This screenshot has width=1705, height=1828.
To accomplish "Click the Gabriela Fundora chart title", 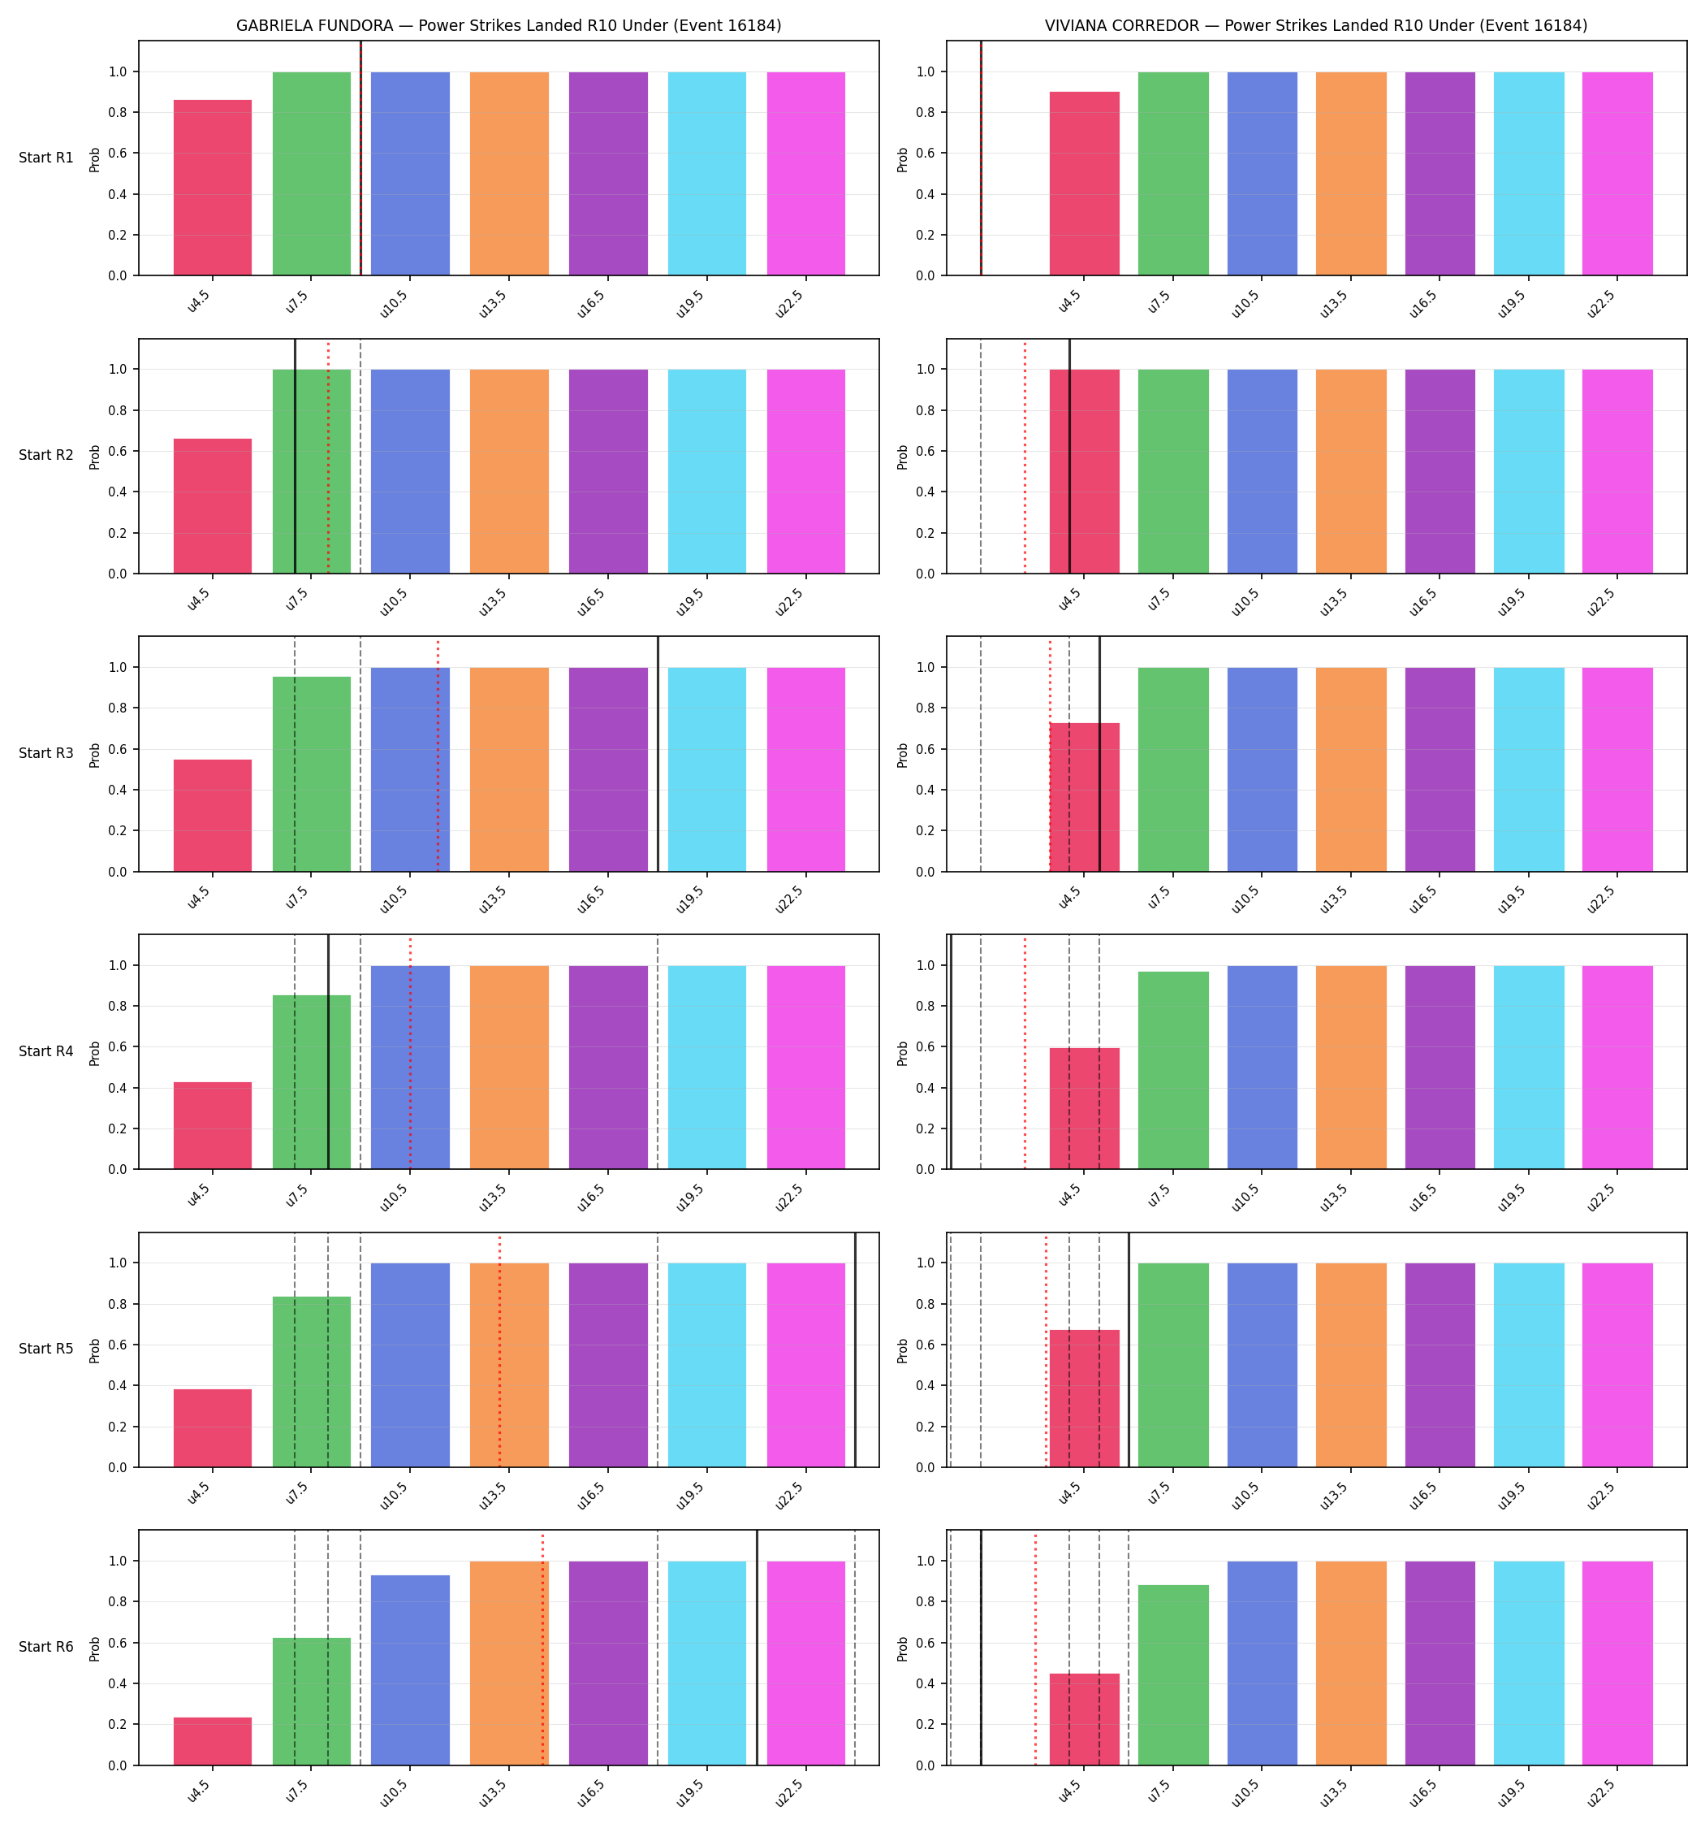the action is (x=508, y=26).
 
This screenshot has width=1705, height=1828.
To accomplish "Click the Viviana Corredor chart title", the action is (x=1315, y=26).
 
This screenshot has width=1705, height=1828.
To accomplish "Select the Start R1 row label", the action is (x=46, y=158).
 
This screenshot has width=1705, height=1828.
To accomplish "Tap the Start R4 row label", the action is (x=46, y=1051).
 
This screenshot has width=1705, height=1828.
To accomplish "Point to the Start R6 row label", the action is (x=46, y=1647).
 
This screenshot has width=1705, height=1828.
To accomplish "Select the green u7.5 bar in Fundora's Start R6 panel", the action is (x=312, y=1702).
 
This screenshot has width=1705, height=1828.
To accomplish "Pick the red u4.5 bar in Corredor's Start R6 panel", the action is (x=1085, y=1719).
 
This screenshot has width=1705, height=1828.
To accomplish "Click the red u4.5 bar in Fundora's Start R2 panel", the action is (x=213, y=505).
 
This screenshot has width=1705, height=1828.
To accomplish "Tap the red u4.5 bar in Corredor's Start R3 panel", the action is (x=1085, y=797).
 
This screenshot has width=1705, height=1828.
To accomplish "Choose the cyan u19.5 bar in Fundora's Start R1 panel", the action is (x=707, y=174).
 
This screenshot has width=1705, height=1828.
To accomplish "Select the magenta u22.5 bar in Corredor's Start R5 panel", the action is (x=1617, y=1366).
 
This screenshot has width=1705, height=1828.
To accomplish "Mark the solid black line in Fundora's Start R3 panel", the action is (x=658, y=754).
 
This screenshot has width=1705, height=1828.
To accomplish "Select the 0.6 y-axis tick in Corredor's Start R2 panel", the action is (x=925, y=452).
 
